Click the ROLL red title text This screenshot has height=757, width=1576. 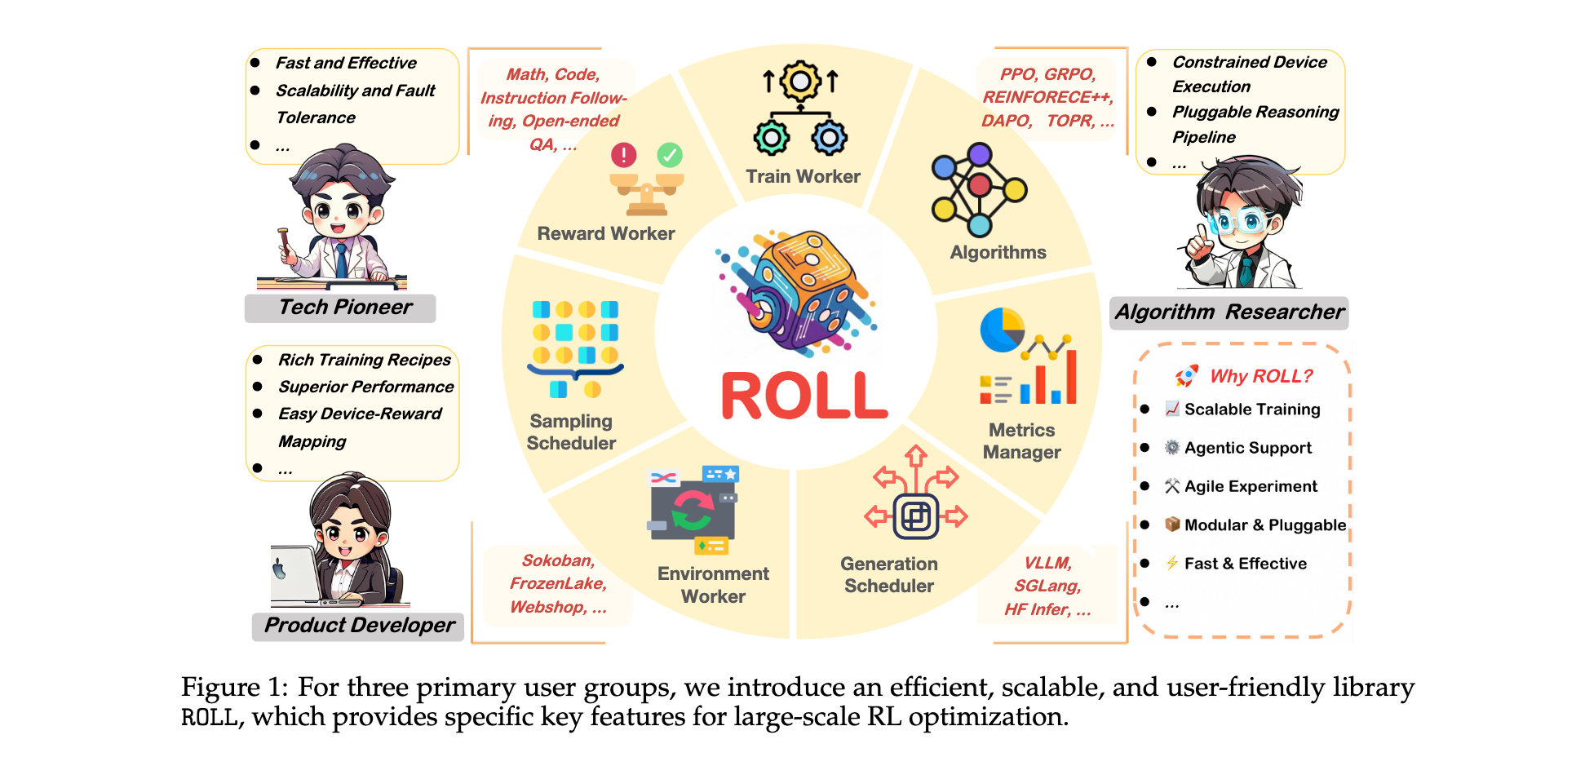point(803,396)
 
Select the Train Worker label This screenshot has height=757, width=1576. point(803,176)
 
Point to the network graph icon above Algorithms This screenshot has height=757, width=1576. point(979,189)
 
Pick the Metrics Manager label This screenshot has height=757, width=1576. point(1021,440)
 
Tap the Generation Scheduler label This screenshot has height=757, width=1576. point(889,574)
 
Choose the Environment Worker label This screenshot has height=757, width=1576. point(713,585)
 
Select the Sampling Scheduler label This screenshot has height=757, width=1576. point(571,432)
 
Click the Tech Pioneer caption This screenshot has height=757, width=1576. point(345,308)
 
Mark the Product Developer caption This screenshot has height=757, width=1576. point(359,626)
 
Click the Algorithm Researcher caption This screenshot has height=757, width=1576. point(1229,312)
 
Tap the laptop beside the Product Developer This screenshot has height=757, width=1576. point(294,574)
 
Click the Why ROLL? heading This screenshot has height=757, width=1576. point(1261,376)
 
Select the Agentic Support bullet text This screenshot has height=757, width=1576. point(1247,448)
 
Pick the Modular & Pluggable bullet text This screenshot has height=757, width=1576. point(1264,525)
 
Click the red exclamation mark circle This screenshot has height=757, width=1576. point(624,154)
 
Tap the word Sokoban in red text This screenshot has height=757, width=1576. point(558,560)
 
